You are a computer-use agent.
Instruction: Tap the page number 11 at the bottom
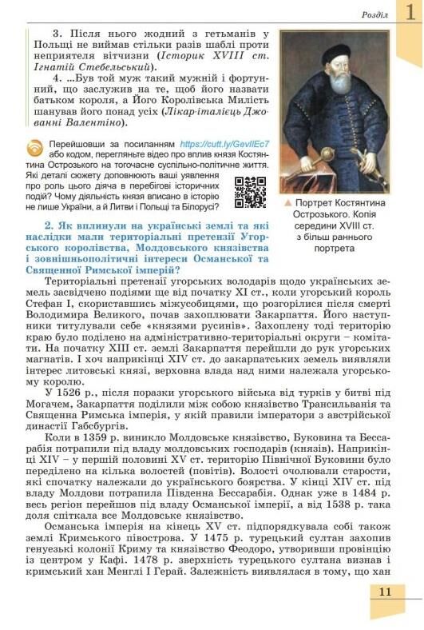[x=385, y=592]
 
